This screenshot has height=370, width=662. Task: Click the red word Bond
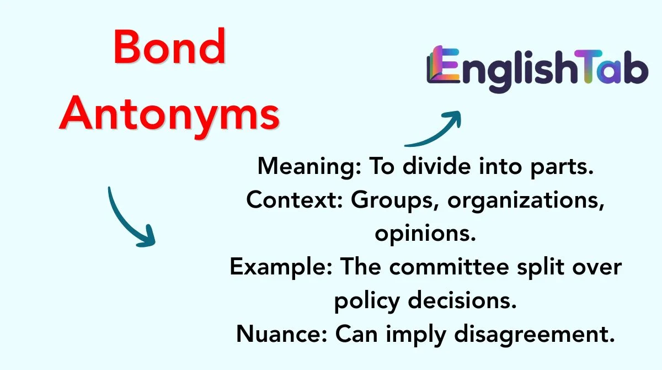(170, 46)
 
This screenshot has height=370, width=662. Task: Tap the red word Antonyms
(169, 115)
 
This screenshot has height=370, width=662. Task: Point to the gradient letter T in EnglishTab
(588, 66)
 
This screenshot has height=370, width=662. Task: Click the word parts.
(562, 167)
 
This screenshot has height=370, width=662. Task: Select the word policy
(367, 302)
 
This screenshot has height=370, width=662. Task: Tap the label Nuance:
(282, 334)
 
